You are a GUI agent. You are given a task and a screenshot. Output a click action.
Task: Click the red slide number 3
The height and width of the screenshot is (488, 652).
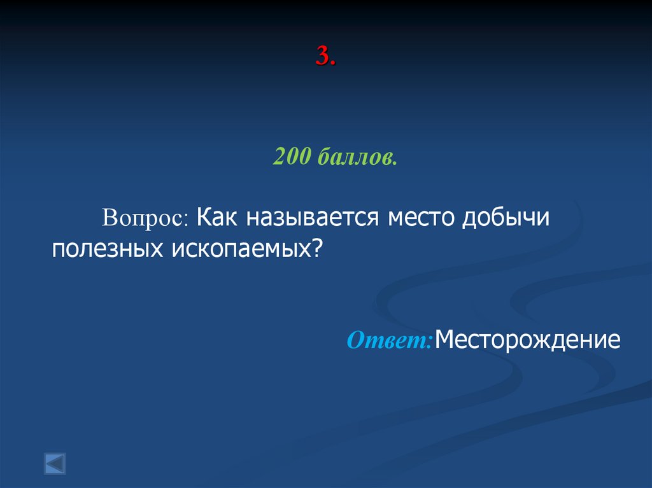pyautogui.click(x=323, y=57)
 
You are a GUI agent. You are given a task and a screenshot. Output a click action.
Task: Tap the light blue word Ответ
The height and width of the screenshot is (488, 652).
pyautogui.click(x=388, y=340)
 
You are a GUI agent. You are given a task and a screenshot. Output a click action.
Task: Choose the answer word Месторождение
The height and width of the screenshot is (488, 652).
pyautogui.click(x=528, y=340)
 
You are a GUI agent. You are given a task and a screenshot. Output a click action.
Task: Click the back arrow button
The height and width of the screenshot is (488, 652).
pyautogui.click(x=55, y=463)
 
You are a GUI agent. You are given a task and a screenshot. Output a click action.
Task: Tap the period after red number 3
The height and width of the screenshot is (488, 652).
pyautogui.click(x=333, y=64)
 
